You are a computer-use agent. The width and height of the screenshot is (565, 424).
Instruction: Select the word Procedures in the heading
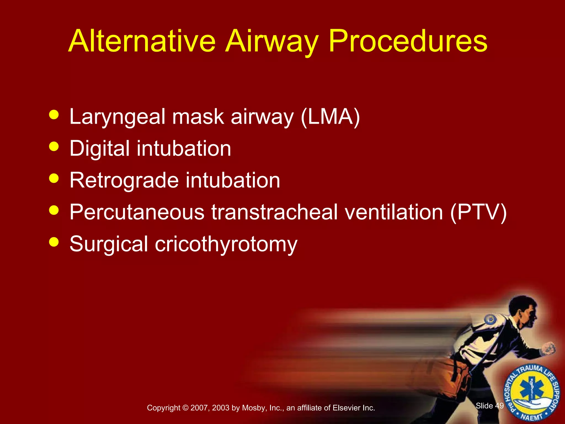(408, 41)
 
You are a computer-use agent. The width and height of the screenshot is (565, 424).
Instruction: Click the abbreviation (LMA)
(330, 117)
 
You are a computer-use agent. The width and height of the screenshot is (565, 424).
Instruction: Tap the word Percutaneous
(137, 212)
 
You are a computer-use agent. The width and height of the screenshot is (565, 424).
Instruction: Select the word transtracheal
(275, 212)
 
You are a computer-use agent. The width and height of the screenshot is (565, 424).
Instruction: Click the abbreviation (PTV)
(478, 212)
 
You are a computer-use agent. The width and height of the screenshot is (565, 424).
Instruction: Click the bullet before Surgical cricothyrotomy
(54, 242)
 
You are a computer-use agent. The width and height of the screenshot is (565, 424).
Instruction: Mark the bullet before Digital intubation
(54, 146)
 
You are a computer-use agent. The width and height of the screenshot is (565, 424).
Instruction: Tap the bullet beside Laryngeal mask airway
(54, 115)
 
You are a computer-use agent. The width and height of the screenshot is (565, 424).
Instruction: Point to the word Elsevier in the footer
(347, 408)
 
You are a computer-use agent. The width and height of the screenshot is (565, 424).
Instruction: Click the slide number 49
(499, 406)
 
